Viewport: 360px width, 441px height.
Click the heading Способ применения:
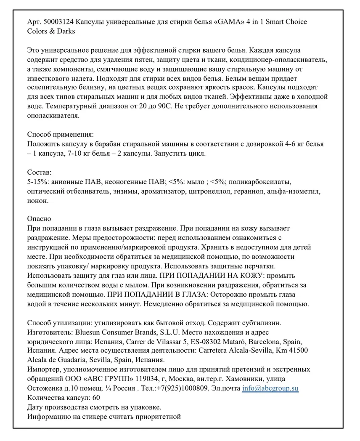coord(60,135)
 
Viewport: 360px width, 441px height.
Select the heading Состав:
coord(39,173)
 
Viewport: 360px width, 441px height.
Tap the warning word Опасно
coord(39,219)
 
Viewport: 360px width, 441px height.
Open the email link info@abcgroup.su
coord(270,388)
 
